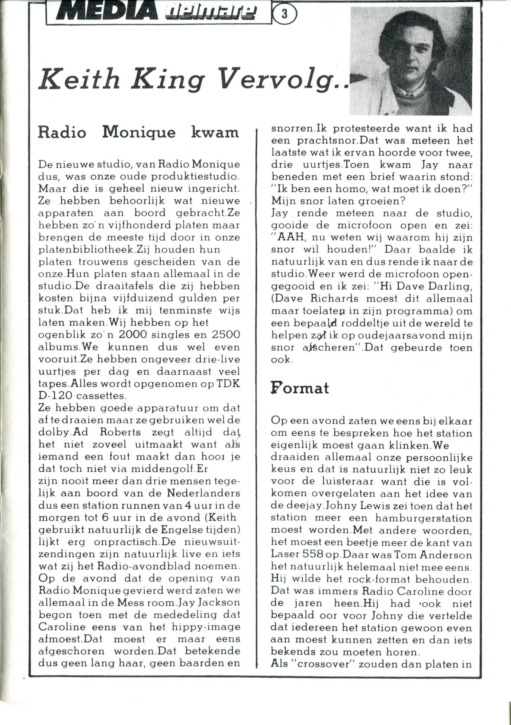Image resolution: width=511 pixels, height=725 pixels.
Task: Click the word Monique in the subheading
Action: click(x=139, y=133)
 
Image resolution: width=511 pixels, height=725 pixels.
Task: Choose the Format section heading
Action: click(x=300, y=388)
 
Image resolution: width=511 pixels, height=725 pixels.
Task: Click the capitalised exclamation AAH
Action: click(x=292, y=237)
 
